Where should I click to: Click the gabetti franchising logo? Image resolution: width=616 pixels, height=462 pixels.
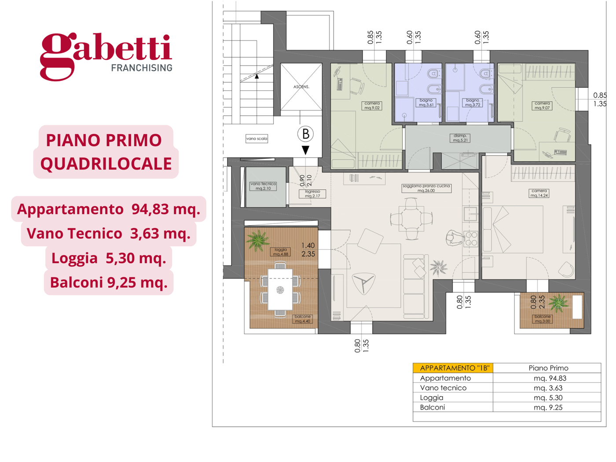pyautogui.click(x=106, y=56)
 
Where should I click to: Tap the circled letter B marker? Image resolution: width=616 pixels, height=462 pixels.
pyautogui.click(x=305, y=134)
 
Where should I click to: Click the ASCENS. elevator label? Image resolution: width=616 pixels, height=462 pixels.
pyautogui.click(x=301, y=87)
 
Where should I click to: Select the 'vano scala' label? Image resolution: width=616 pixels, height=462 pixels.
pyautogui.click(x=257, y=139)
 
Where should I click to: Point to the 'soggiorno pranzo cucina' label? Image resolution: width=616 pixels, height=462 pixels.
pyautogui.click(x=426, y=188)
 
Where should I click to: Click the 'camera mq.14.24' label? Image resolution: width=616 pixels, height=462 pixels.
pyautogui.click(x=539, y=193)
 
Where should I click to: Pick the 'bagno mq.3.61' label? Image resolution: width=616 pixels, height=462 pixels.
pyautogui.click(x=426, y=103)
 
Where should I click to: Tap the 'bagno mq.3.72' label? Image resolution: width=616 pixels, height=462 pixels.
pyautogui.click(x=473, y=103)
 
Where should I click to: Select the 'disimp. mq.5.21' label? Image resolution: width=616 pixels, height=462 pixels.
pyautogui.click(x=460, y=138)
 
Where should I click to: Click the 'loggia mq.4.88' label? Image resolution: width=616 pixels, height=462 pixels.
pyautogui.click(x=281, y=252)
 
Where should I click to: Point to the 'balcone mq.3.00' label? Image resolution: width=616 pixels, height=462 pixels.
pyautogui.click(x=542, y=319)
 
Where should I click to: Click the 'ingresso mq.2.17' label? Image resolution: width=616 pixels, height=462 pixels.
pyautogui.click(x=312, y=194)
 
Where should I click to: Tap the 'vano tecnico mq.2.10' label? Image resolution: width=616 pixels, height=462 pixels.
pyautogui.click(x=263, y=186)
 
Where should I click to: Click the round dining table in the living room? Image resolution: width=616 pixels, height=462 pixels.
pyautogui.click(x=411, y=218)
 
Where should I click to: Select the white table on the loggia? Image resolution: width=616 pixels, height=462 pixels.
pyautogui.click(x=280, y=289)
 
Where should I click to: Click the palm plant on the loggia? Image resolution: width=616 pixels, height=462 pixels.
pyautogui.click(x=257, y=240)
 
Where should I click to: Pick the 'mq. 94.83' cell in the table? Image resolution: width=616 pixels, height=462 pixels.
pyautogui.click(x=550, y=378)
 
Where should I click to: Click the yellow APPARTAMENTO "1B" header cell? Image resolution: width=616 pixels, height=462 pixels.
pyautogui.click(x=453, y=368)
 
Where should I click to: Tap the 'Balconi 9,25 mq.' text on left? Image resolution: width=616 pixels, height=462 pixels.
pyautogui.click(x=109, y=282)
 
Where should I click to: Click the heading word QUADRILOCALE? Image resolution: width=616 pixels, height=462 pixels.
pyautogui.click(x=106, y=164)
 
